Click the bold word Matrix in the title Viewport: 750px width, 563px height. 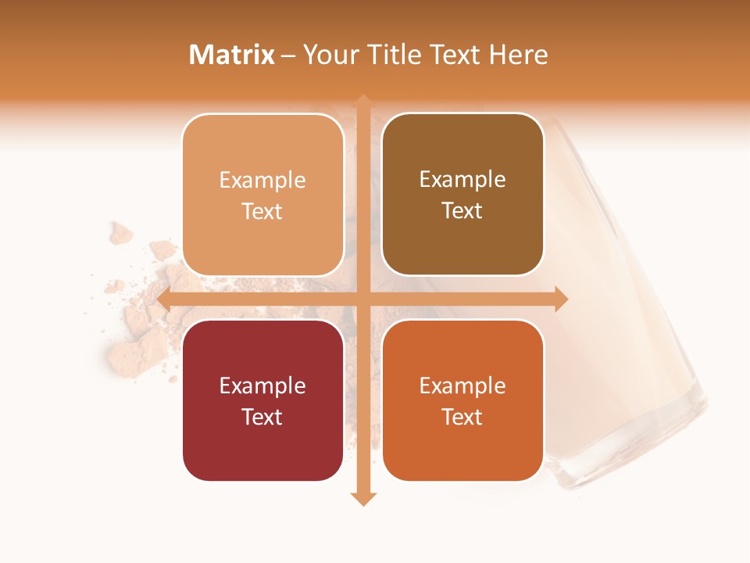pyautogui.click(x=232, y=55)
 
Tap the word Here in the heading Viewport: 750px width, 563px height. pyautogui.click(x=518, y=55)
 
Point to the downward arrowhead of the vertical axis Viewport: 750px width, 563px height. pyautogui.click(x=363, y=498)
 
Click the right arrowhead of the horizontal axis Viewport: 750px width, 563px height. pyautogui.click(x=560, y=299)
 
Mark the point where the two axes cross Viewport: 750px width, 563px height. pyautogui.click(x=363, y=299)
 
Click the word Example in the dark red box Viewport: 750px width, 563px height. pyautogui.click(x=262, y=385)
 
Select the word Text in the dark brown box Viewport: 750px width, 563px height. pyautogui.click(x=462, y=211)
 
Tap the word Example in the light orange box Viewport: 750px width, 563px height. pyautogui.click(x=262, y=181)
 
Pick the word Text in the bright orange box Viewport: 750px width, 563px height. pyautogui.click(x=462, y=417)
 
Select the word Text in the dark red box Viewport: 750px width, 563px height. pyautogui.click(x=262, y=417)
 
